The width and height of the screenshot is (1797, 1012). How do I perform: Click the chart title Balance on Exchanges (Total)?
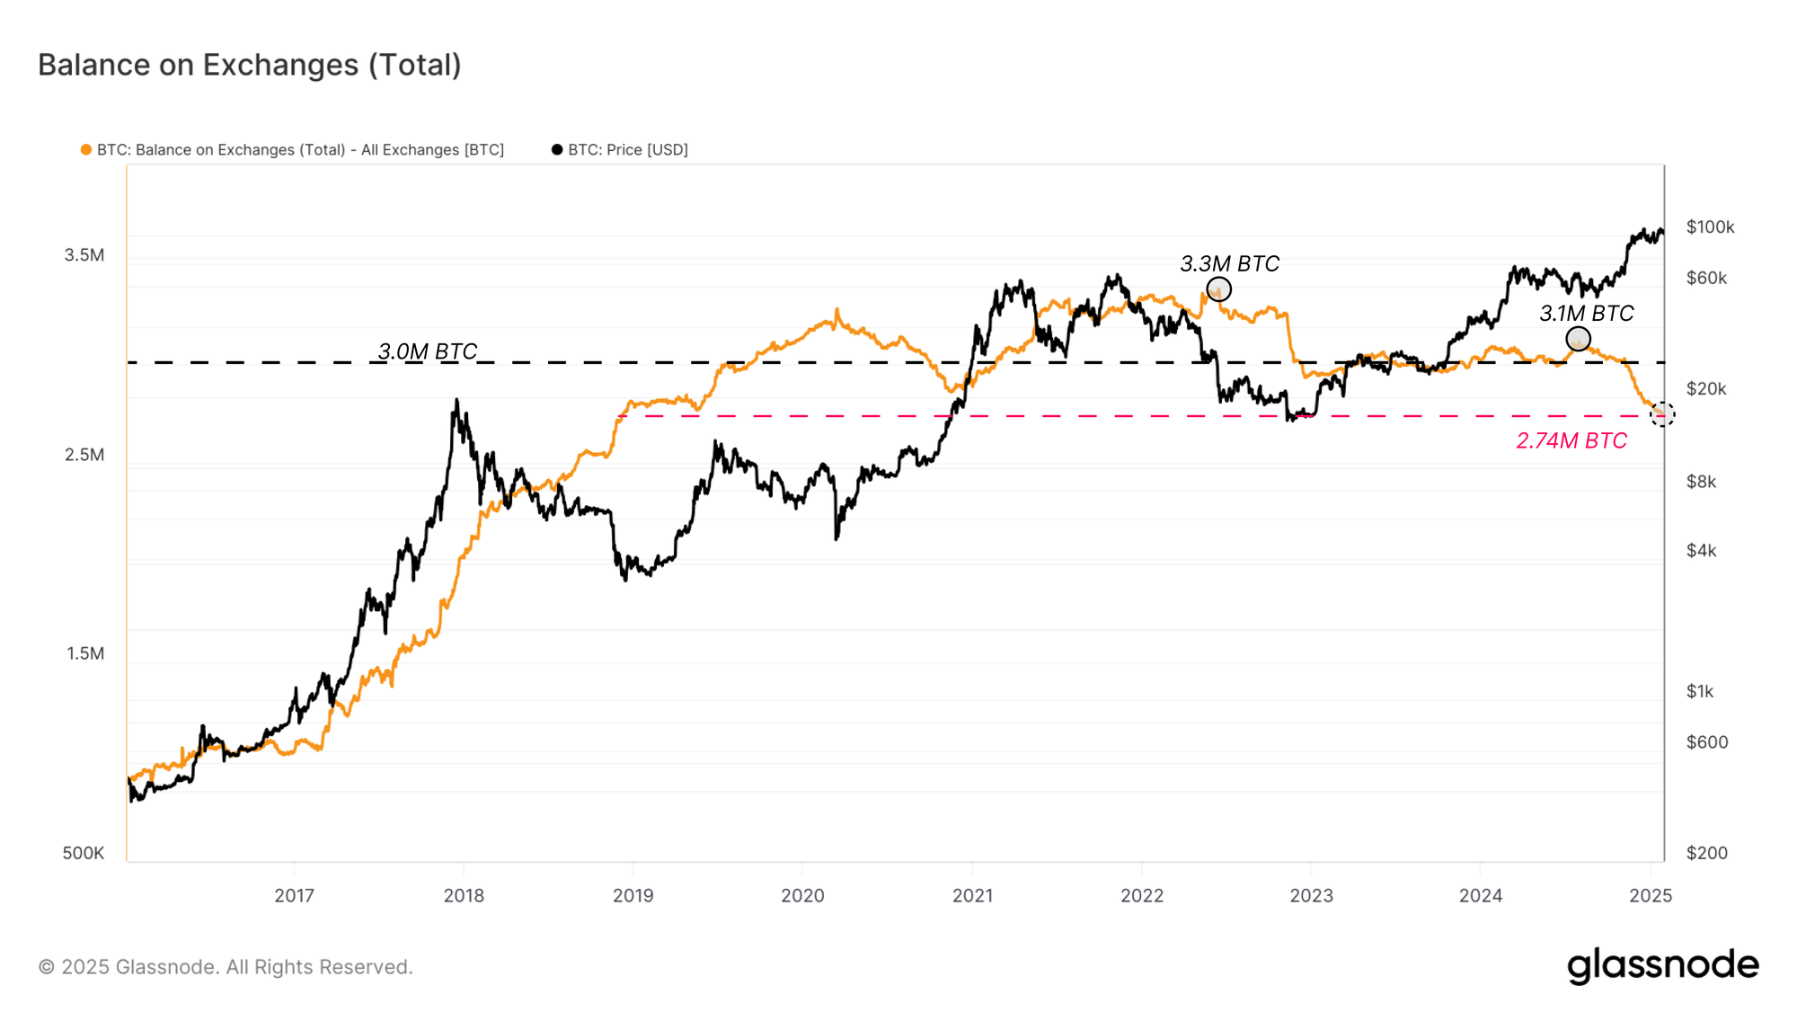click(x=249, y=65)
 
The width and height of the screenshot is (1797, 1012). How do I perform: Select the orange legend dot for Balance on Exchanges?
click(x=86, y=150)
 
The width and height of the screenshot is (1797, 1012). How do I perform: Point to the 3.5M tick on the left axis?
click(x=84, y=255)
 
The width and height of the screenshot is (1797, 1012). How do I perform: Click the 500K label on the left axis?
click(x=84, y=853)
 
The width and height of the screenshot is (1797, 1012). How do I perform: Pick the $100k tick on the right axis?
click(x=1710, y=227)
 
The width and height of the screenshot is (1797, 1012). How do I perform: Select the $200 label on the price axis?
click(x=1706, y=853)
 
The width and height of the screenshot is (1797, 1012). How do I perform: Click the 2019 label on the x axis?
click(x=633, y=895)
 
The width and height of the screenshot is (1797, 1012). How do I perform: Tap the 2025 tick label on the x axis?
click(x=1651, y=895)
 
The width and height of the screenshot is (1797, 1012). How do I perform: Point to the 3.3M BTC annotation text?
click(x=1229, y=264)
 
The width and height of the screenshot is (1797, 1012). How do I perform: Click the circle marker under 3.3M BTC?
click(x=1218, y=289)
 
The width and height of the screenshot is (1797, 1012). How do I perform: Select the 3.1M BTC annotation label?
click(x=1586, y=314)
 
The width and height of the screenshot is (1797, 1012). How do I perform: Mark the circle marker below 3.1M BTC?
click(x=1578, y=339)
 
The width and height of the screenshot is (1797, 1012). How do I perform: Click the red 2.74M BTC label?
click(x=1571, y=440)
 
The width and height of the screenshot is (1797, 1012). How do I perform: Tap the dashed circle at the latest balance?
click(x=1662, y=414)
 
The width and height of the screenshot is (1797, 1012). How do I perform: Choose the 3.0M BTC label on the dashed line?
click(x=427, y=351)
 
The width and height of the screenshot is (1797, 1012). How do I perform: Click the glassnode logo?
click(x=1662, y=965)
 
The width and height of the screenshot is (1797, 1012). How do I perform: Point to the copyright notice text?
click(x=226, y=967)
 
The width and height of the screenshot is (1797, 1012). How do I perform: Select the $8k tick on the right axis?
click(x=1701, y=482)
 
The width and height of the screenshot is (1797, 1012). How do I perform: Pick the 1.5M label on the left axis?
click(x=85, y=653)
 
